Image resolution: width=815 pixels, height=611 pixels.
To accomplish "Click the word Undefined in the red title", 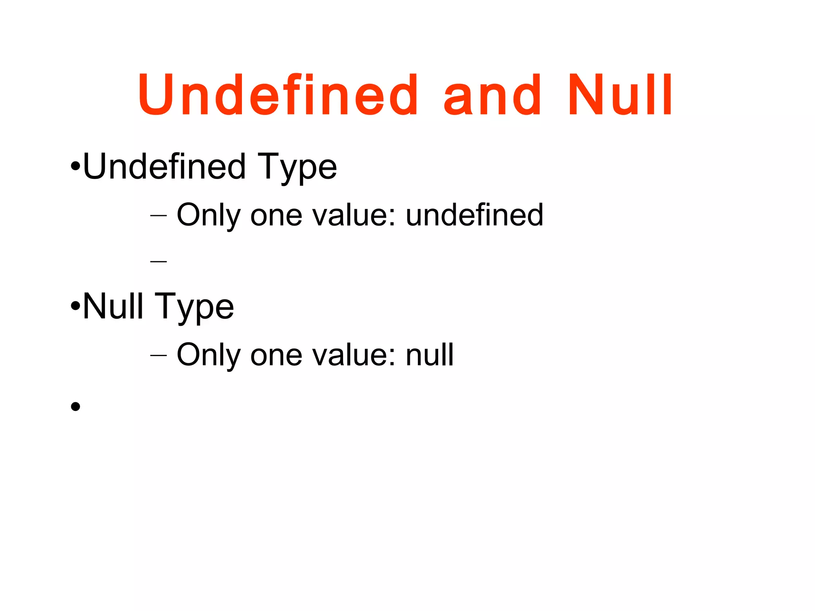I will click(x=278, y=95).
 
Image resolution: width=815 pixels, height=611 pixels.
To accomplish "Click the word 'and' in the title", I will click(x=493, y=95).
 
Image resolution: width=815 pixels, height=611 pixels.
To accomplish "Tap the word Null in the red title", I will click(x=620, y=95).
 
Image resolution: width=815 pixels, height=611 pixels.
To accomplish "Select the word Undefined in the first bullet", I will click(x=164, y=167).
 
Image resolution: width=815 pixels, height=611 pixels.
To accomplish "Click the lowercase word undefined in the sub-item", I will click(x=474, y=215).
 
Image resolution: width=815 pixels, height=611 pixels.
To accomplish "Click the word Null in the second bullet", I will click(x=113, y=306).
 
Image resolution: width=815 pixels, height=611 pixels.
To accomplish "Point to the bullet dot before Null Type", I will click(x=75, y=306).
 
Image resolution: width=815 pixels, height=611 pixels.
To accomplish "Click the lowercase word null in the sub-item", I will click(x=429, y=354).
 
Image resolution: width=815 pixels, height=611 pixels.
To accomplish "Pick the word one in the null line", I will click(x=276, y=355).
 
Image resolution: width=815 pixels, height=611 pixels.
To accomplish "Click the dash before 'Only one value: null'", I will click(x=158, y=355).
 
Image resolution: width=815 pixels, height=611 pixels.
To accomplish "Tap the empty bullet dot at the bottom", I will click(x=75, y=407).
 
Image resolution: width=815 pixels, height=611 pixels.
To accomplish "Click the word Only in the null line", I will click(x=209, y=355).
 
